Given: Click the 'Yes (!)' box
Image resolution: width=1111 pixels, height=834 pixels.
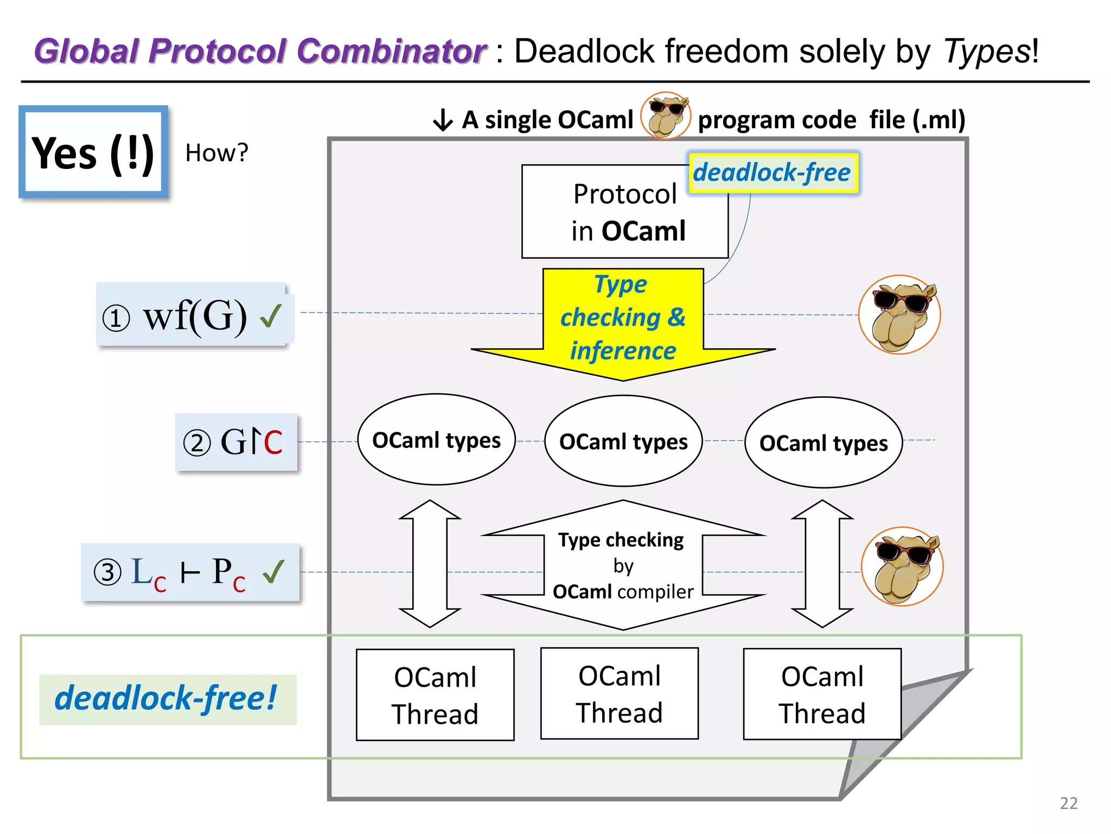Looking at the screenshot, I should click(x=93, y=152).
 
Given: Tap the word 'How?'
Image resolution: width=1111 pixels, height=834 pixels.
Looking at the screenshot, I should click(x=216, y=153).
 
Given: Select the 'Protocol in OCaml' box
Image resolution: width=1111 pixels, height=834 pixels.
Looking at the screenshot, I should click(x=624, y=212).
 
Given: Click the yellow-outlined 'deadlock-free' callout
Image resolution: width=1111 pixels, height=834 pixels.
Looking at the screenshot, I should click(x=772, y=173).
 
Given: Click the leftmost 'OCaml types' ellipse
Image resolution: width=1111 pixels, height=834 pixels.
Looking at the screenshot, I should click(x=436, y=440).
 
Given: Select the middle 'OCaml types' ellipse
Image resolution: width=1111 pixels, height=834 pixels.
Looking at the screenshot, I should click(x=623, y=441).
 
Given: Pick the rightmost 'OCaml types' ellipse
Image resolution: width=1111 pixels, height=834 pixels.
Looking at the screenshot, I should click(x=823, y=443).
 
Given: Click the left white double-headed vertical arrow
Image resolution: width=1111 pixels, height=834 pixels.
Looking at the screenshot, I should click(x=430, y=564).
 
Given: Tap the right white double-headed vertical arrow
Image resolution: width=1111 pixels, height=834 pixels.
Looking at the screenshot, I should click(x=822, y=564).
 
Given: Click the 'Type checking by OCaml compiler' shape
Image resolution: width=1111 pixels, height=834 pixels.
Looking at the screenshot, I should click(x=623, y=565).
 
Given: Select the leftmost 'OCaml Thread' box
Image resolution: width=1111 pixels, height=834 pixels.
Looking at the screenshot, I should click(x=435, y=695).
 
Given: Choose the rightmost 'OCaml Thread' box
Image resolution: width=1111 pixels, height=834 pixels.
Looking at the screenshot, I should click(x=822, y=694).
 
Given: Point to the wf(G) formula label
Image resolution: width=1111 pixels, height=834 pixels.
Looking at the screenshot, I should click(x=194, y=316).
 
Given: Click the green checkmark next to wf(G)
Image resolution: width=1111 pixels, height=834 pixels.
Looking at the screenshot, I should click(x=271, y=316).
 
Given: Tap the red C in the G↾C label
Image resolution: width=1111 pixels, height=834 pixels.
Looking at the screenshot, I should click(x=273, y=443).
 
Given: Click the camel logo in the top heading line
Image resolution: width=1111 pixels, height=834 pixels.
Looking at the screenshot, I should click(x=666, y=115).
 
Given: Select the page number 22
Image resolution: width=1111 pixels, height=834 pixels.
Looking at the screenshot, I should click(x=1068, y=803).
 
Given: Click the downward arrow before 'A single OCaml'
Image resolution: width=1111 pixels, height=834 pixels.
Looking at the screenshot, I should click(x=443, y=120).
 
